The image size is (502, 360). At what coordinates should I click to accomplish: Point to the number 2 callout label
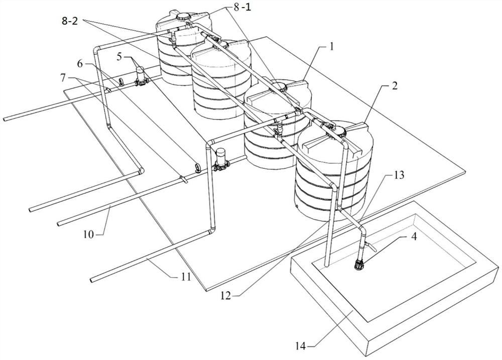395,86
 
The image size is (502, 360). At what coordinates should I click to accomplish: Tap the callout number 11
185,276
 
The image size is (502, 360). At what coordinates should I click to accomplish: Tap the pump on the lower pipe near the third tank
220,160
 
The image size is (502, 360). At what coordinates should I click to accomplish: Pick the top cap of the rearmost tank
184,16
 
